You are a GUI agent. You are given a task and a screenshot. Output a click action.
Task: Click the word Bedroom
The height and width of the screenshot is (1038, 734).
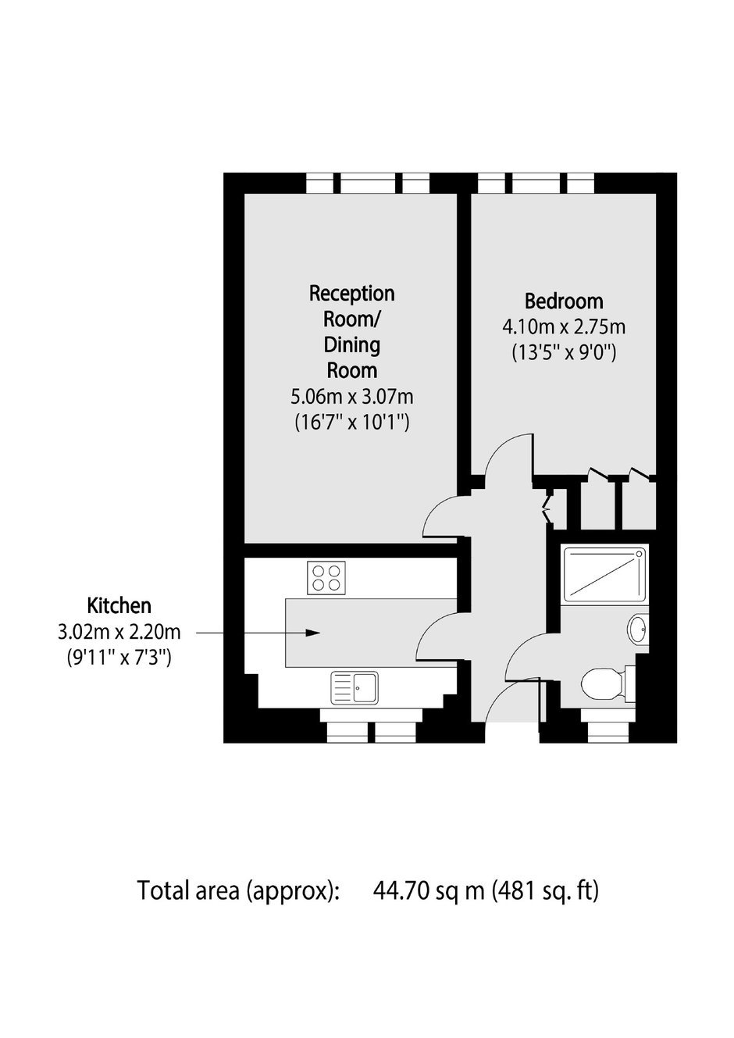point(564,301)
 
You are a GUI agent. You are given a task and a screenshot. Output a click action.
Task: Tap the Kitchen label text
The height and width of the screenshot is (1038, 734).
point(119,605)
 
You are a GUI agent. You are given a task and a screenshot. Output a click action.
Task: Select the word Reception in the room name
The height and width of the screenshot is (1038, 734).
point(352,294)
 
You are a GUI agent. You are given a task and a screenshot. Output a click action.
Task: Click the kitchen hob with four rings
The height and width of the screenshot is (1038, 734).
point(326,578)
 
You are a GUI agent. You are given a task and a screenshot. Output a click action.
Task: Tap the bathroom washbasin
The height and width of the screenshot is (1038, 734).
point(638,630)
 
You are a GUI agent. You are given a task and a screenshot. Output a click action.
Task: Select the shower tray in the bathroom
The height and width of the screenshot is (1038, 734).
point(604,573)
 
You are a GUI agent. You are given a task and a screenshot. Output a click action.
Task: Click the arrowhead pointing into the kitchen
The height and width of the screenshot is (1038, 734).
point(314,633)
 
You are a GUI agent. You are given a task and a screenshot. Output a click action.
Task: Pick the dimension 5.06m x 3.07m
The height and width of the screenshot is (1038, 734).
point(352,397)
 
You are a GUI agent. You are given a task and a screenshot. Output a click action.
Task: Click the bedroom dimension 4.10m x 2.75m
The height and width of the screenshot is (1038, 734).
point(564,327)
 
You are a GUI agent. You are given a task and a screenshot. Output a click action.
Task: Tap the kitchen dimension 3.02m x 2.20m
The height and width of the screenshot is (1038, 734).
point(119,632)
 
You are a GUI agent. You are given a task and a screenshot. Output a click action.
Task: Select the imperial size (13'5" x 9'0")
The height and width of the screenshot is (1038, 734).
point(564,354)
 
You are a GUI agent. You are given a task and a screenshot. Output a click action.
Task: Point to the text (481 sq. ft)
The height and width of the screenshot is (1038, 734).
point(545,890)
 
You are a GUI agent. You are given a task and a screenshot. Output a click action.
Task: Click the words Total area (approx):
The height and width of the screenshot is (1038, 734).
point(239,890)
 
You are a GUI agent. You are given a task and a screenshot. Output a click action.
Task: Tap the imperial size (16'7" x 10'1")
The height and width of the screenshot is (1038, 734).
point(352,423)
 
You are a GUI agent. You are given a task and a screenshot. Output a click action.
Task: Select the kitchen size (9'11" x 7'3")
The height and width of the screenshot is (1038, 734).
point(119,658)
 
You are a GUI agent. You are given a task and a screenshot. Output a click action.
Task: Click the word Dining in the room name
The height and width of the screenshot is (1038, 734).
point(352,345)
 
